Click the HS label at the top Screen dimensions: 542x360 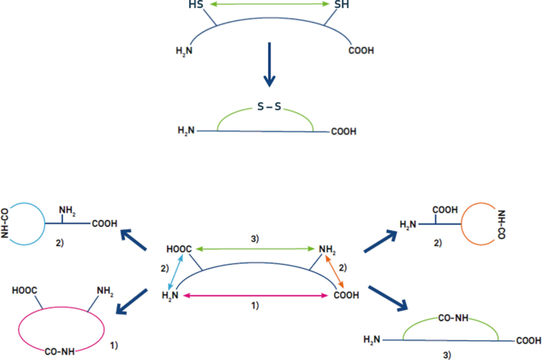tap(198, 6)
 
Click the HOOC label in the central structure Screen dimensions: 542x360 tap(179, 250)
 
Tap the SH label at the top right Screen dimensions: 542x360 tap(341, 6)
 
